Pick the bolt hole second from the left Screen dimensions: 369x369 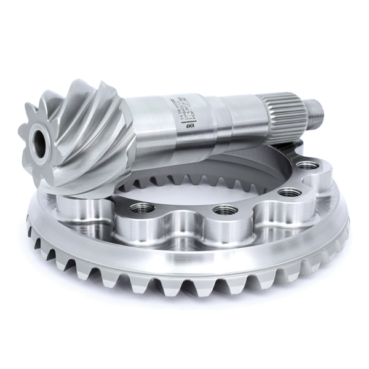tap(224, 210)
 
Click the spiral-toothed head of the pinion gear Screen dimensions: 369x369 tap(80, 138)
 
